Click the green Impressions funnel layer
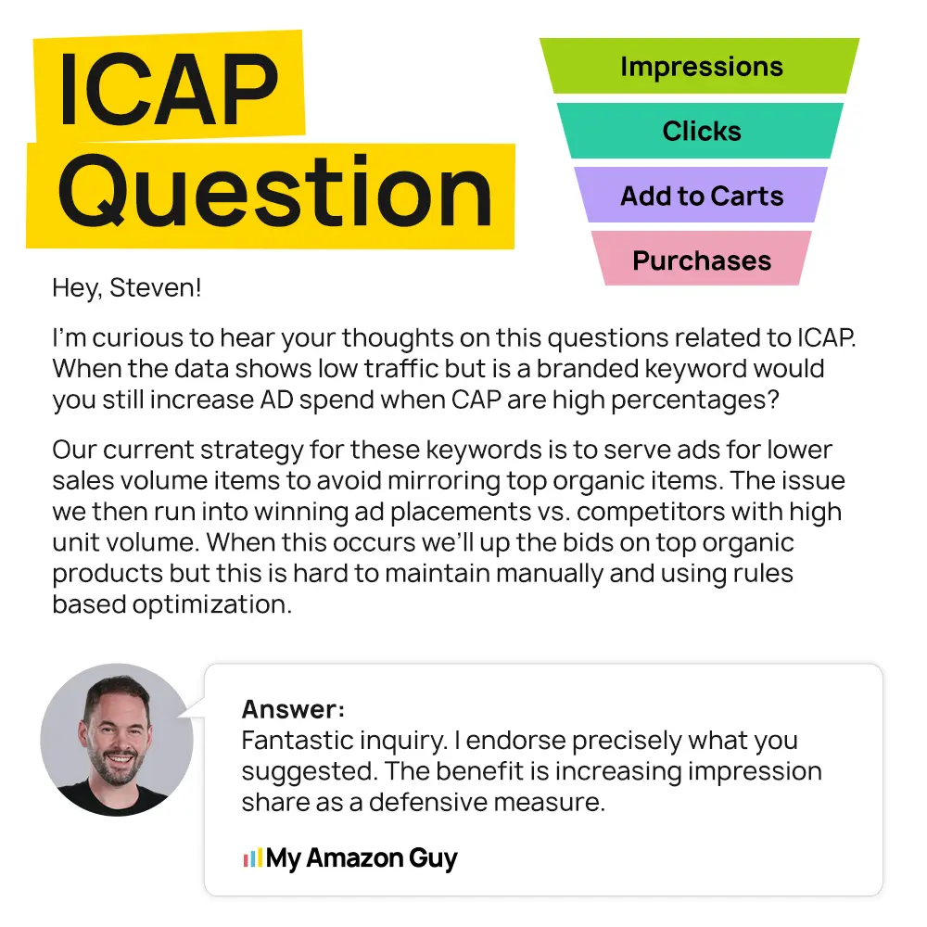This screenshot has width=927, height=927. coord(701,67)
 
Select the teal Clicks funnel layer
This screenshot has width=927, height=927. coord(701,131)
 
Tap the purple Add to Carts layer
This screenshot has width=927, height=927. coord(701,196)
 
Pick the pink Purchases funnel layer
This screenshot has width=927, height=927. coord(701,260)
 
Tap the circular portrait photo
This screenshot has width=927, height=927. coord(117,739)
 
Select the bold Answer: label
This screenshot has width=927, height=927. coord(293,709)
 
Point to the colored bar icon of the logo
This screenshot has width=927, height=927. coord(252,857)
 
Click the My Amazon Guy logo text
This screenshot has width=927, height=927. coord(362,857)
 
